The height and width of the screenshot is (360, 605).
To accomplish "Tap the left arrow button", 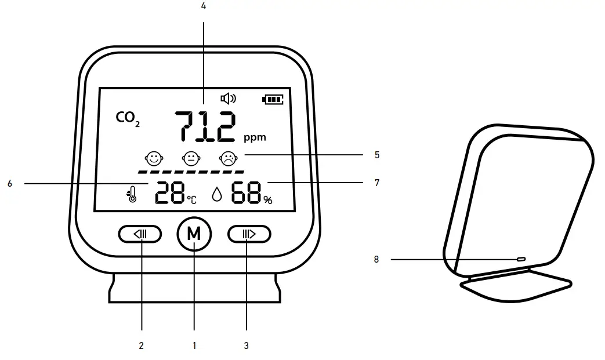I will point(140,234).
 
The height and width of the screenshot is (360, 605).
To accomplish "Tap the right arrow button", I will point(249,234).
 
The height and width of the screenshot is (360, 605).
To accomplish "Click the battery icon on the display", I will point(273,100).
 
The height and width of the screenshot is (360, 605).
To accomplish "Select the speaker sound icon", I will point(229,99).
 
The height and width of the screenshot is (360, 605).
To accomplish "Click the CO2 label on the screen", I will point(128,118).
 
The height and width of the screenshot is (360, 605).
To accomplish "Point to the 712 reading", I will point(206,127).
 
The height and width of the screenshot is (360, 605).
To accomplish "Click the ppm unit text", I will point(255,137).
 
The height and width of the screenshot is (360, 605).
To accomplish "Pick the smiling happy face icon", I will point(154,158).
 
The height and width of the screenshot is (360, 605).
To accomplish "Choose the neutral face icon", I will point(191,158).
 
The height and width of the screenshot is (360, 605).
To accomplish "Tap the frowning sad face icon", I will point(229,158).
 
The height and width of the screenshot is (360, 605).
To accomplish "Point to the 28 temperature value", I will point(170,193).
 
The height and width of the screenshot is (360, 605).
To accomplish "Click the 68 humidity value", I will point(247,193).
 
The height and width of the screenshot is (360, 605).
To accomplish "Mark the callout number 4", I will point(203,6).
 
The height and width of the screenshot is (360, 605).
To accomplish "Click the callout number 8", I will point(376,260).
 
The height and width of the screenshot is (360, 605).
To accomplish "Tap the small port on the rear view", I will point(520,259).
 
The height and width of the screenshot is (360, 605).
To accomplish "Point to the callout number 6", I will point(10,183).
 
